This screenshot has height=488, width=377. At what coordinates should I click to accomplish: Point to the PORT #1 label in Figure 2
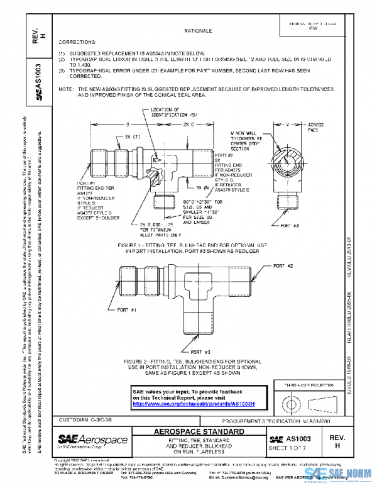(x=128, y=310)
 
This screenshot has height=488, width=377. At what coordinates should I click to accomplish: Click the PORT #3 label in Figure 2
(x=201, y=352)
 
